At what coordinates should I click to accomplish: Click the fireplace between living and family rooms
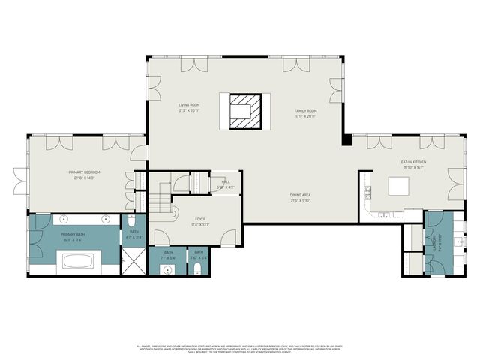pyautogui.click(x=240, y=111)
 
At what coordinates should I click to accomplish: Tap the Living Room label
pyautogui.click(x=189, y=107)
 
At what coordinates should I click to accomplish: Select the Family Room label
pyautogui.click(x=305, y=112)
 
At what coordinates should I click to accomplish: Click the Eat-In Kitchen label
pyautogui.click(x=412, y=165)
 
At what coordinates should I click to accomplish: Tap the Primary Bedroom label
pyautogui.click(x=87, y=175)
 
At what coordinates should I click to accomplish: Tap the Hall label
pyautogui.click(x=225, y=184)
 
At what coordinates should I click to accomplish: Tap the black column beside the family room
pyautogui.click(x=346, y=139)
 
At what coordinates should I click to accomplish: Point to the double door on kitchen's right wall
pyautogui.click(x=454, y=184)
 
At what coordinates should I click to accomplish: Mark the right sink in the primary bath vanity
pyautogui.click(x=106, y=221)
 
